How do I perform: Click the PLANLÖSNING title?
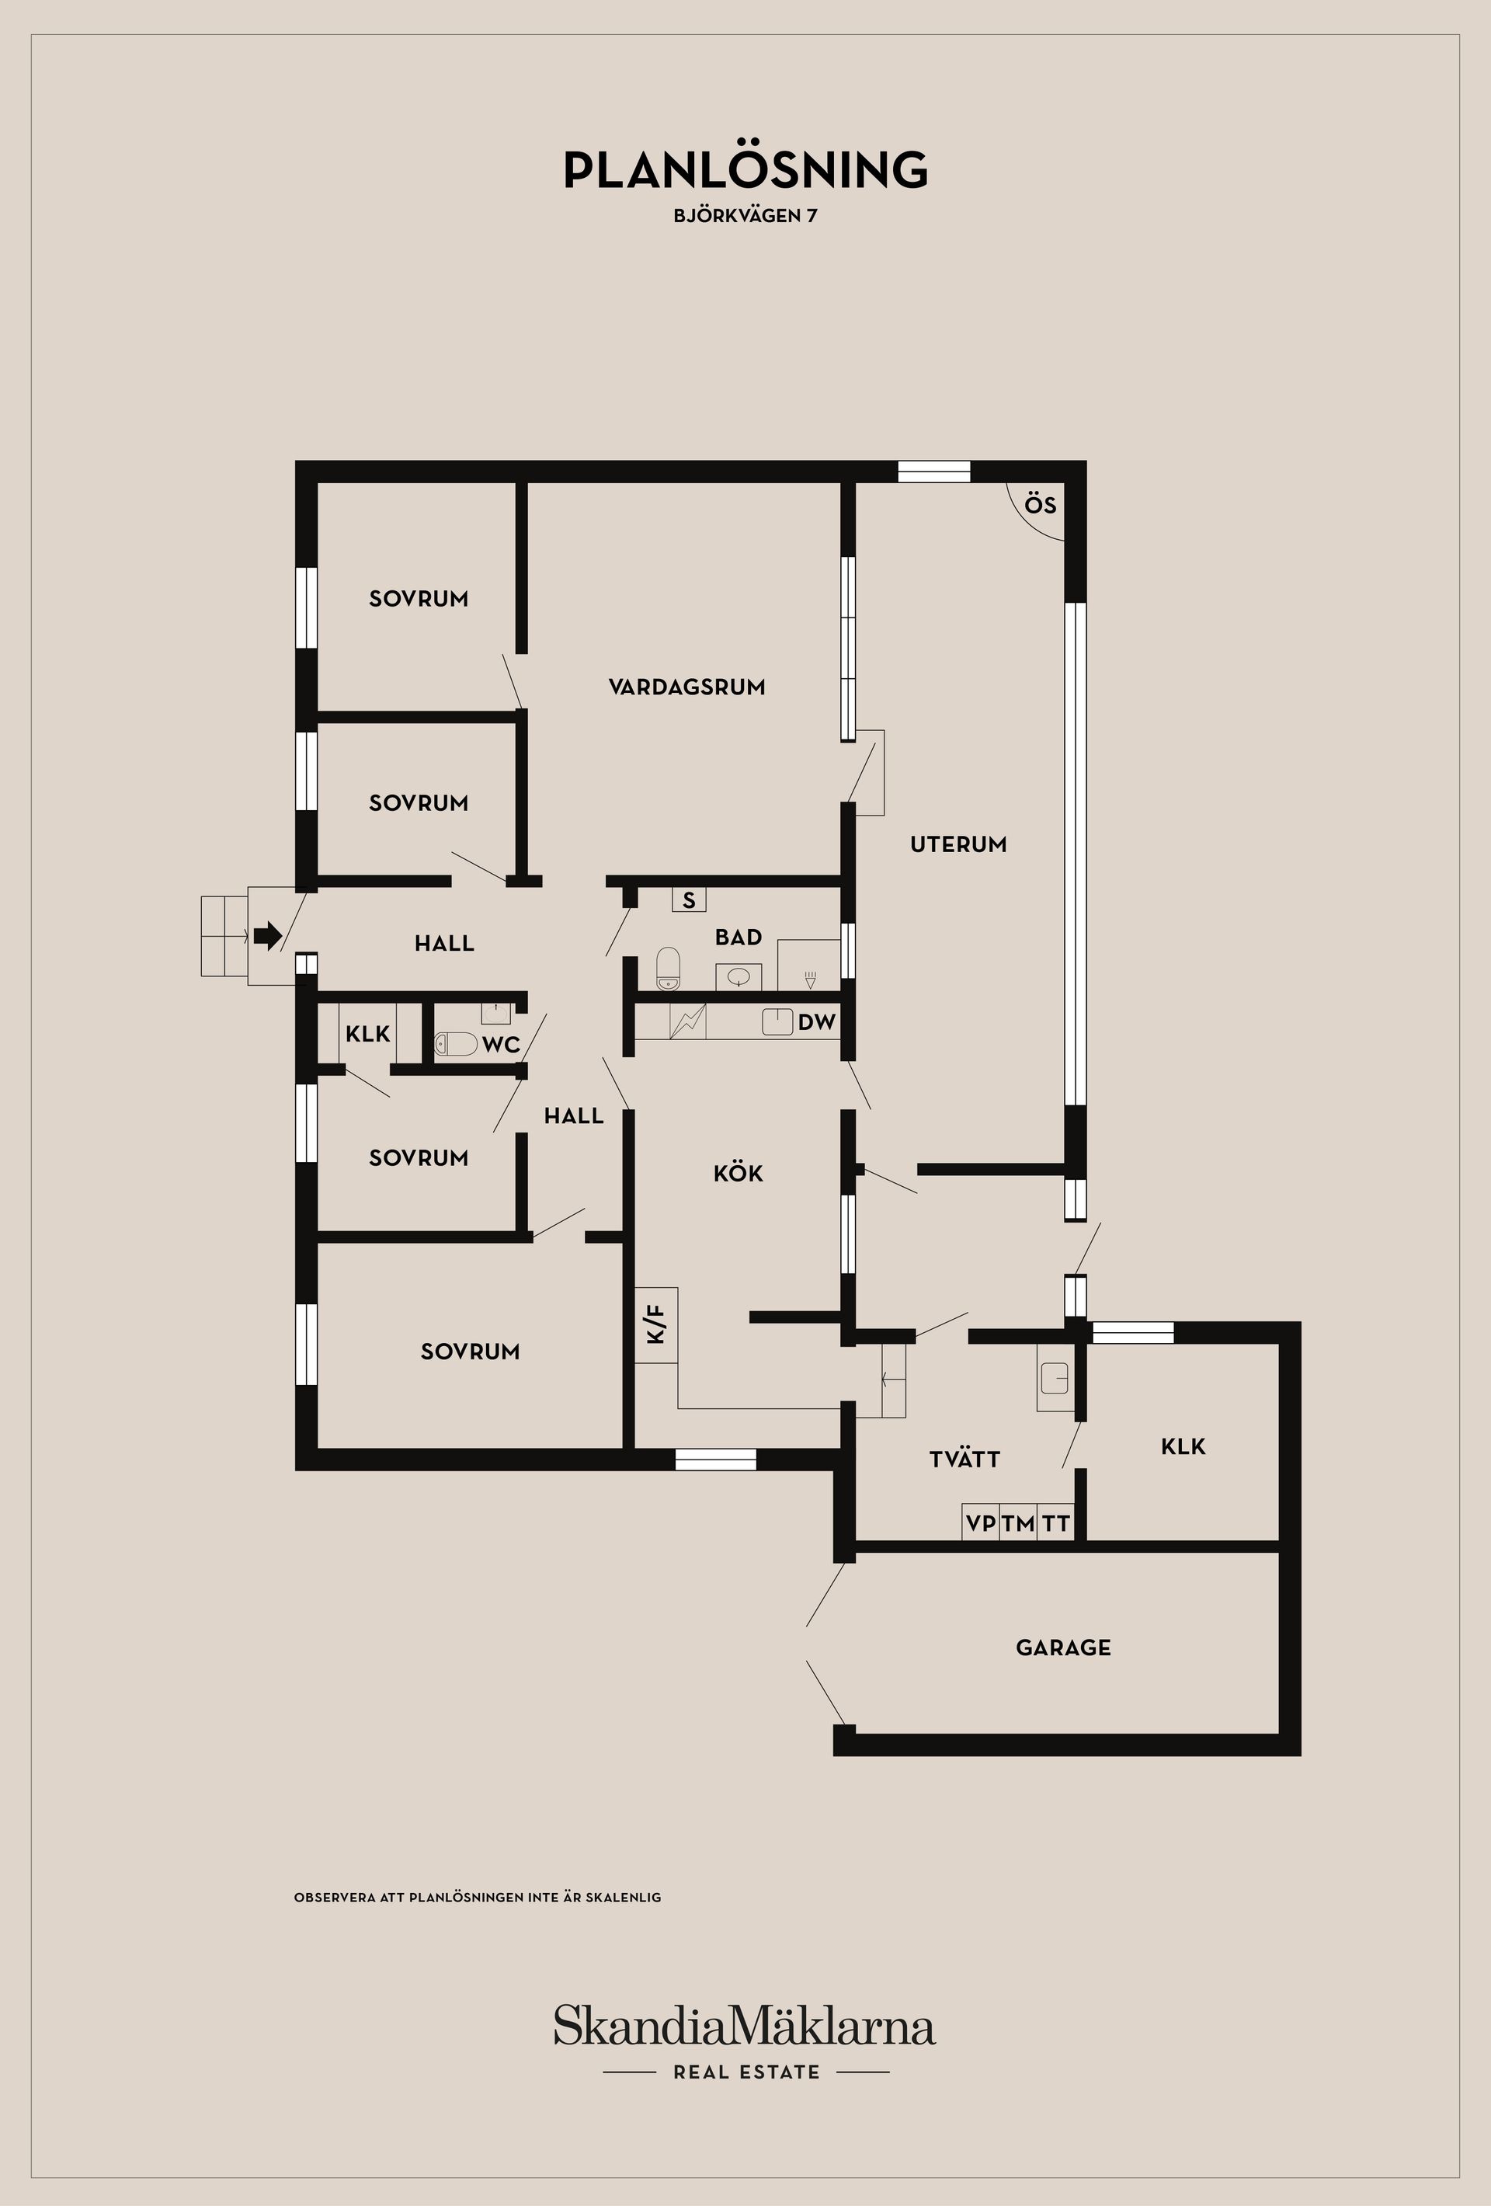pyautogui.click(x=745, y=170)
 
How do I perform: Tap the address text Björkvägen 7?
pyautogui.click(x=745, y=215)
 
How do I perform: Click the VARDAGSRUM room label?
pyautogui.click(x=686, y=687)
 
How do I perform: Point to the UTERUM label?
pyautogui.click(x=958, y=844)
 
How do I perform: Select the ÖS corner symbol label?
pyautogui.click(x=1040, y=505)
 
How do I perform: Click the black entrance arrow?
pyautogui.click(x=269, y=936)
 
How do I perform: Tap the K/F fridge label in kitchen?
pyautogui.click(x=656, y=1324)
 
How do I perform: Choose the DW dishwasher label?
pyautogui.click(x=816, y=1021)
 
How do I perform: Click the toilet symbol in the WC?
pyautogui.click(x=457, y=1044)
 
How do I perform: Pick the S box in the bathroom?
pyautogui.click(x=689, y=899)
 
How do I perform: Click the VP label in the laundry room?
pyautogui.click(x=980, y=1523)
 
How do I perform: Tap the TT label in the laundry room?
pyautogui.click(x=1056, y=1523)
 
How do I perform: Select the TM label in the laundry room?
pyautogui.click(x=1018, y=1523)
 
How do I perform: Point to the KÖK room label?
pyautogui.click(x=738, y=1173)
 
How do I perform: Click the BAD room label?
pyautogui.click(x=739, y=937)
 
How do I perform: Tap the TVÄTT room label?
pyautogui.click(x=964, y=1459)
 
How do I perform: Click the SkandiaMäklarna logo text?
pyautogui.click(x=745, y=2027)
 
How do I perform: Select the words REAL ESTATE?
pyautogui.click(x=746, y=2072)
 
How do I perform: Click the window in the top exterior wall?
pyautogui.click(x=934, y=471)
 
